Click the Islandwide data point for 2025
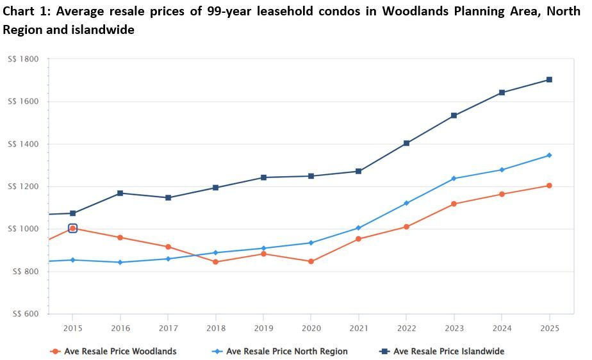[x=549, y=80]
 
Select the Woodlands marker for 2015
[x=72, y=228]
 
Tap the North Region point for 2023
[x=454, y=179]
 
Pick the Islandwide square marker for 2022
[x=406, y=143]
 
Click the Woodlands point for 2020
[x=311, y=261]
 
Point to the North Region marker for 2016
[x=120, y=262]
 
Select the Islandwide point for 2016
[x=120, y=193]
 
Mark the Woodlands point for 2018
[x=215, y=262]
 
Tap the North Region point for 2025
[x=549, y=155]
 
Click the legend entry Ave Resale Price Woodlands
[x=120, y=351]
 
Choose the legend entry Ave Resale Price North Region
[x=286, y=351]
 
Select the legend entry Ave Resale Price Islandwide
[x=448, y=351]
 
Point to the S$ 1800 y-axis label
[x=23, y=59]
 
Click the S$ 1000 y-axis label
[x=23, y=229]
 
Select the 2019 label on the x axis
[x=263, y=328]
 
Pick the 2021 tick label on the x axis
[x=359, y=328]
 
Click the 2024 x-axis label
[x=502, y=328]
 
